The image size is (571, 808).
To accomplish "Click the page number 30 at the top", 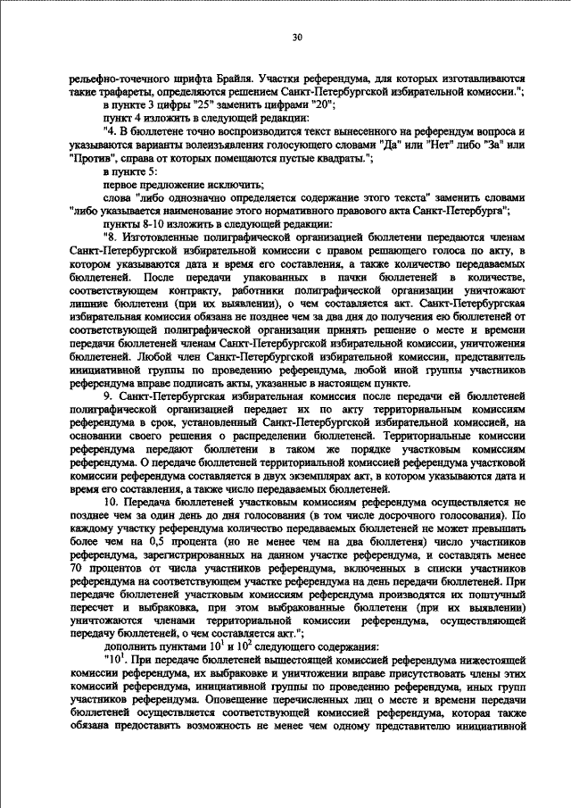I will (x=297, y=37).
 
